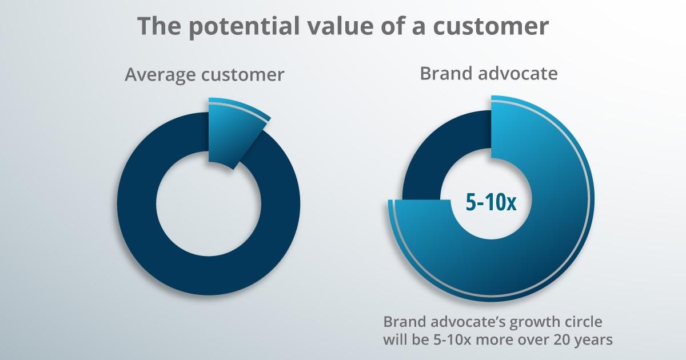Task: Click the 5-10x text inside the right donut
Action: point(490,203)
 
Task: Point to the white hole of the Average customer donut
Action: point(208,203)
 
